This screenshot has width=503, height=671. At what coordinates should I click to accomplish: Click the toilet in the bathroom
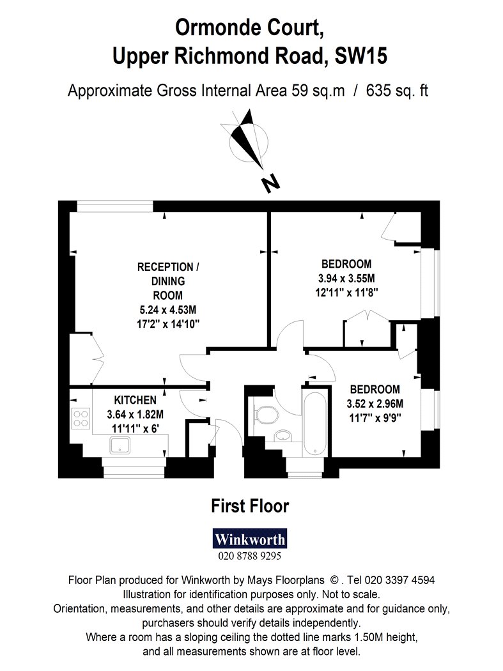267,414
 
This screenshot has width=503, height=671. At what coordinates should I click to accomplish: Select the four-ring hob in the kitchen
81,419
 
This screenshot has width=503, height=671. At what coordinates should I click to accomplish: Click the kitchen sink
120,445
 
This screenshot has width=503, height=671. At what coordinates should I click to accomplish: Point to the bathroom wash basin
282,436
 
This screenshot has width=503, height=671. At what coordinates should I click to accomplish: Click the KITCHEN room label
135,400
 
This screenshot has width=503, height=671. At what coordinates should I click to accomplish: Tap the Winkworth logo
250,539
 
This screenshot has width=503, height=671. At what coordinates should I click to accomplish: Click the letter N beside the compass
270,183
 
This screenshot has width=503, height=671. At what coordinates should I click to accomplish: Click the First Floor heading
250,506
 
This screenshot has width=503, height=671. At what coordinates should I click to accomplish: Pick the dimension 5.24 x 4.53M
168,309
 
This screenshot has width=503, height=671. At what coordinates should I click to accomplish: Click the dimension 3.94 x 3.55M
346,279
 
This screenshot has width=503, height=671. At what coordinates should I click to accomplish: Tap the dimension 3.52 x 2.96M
375,403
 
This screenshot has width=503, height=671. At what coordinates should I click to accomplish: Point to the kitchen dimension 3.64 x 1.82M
135,414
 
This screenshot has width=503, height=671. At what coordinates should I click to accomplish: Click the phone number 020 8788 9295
250,556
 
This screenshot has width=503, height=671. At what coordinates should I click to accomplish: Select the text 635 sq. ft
397,91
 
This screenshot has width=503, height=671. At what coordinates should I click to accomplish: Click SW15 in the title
361,56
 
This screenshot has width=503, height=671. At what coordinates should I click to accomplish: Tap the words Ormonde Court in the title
249,28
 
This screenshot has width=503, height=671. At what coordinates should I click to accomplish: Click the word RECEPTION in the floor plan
166,267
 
